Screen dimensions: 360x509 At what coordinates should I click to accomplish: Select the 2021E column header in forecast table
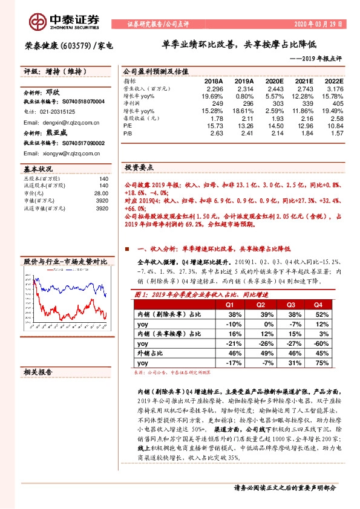[303, 81]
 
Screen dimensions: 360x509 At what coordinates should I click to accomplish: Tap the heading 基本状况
[38, 169]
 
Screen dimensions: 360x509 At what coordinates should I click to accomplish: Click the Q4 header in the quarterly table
[318, 305]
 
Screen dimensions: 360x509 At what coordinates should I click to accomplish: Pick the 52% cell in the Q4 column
[318, 314]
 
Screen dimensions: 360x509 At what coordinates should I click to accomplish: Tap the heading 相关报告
[38, 371]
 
